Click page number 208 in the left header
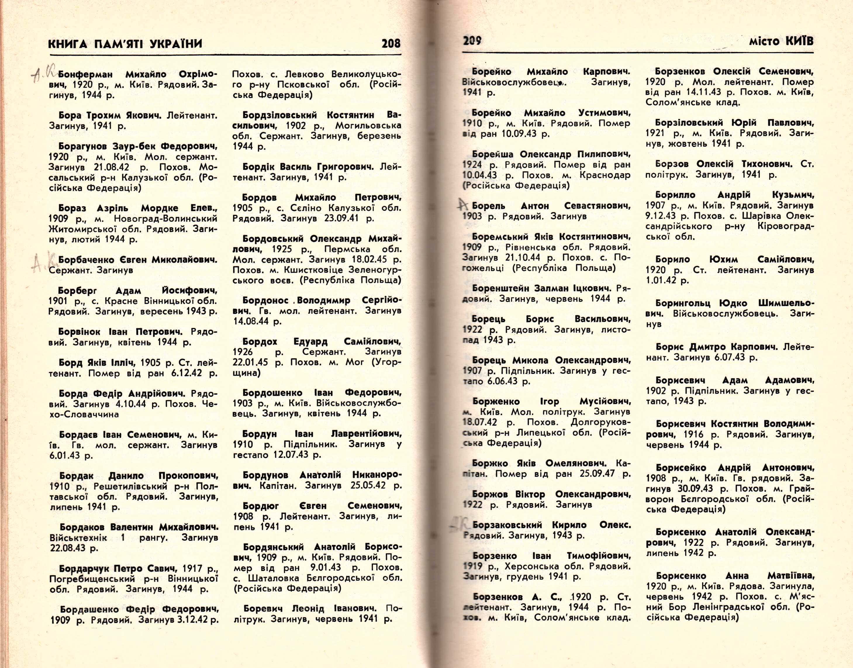click(391, 43)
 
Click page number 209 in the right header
click(472, 41)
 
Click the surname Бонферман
click(85, 74)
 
